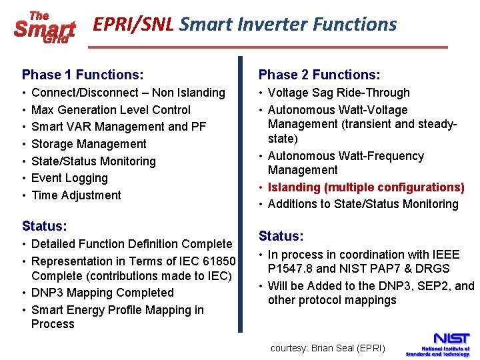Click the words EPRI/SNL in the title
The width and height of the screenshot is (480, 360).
133,25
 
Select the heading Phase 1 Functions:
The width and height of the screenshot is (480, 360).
83,75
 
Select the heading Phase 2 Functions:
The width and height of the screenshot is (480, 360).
319,75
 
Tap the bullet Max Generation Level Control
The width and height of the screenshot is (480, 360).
111,110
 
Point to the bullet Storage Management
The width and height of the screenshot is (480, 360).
89,144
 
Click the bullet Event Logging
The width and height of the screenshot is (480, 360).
69,178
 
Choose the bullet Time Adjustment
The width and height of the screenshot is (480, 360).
76,195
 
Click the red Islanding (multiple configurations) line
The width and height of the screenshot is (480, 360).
365,187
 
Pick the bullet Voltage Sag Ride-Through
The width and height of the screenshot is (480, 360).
339,93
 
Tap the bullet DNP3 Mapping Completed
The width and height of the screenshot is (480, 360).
102,293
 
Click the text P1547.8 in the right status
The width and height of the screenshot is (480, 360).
289,269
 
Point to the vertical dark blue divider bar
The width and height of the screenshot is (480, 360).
241,193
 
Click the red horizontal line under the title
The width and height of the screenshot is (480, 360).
267,47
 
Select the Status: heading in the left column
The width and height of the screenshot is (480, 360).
44,226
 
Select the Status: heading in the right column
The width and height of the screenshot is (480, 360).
281,237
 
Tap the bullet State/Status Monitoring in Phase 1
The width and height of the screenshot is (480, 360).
93,161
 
